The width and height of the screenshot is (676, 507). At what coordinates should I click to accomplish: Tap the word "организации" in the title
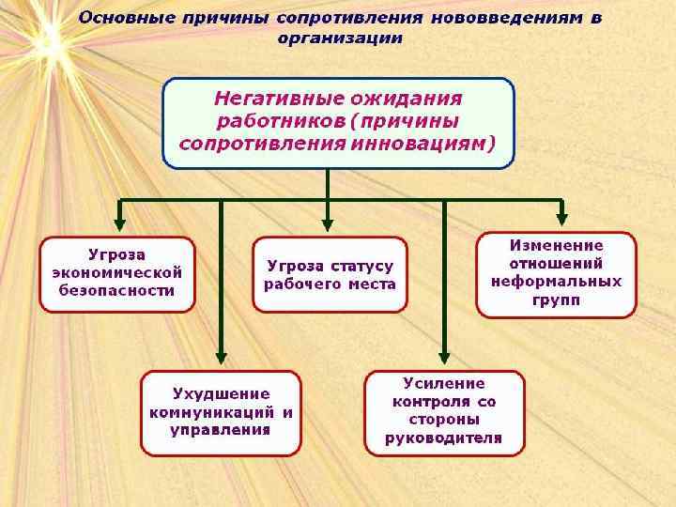(340, 38)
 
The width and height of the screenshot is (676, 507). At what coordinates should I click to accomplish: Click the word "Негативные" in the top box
(270, 98)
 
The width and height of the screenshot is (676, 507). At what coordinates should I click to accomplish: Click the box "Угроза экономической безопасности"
(117, 273)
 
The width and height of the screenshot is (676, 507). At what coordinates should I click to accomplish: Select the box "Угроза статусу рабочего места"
(330, 274)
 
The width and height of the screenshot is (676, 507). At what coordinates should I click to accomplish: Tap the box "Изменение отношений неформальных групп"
(557, 274)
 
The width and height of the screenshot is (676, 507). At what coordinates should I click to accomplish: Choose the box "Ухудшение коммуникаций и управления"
(221, 412)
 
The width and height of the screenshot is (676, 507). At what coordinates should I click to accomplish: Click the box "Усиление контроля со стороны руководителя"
(444, 412)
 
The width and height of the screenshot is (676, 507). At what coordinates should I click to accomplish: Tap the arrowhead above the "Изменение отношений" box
(561, 219)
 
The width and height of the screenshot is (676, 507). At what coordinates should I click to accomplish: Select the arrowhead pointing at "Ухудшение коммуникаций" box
(221, 358)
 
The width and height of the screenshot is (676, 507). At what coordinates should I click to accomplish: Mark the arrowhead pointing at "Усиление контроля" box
(444, 357)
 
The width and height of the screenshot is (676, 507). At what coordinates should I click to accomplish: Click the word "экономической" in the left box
(117, 273)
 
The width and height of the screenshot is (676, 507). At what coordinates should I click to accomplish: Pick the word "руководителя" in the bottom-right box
(444, 438)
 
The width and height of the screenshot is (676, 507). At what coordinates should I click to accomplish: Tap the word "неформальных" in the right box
(557, 282)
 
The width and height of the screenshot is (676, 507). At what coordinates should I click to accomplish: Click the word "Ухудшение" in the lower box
(221, 393)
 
